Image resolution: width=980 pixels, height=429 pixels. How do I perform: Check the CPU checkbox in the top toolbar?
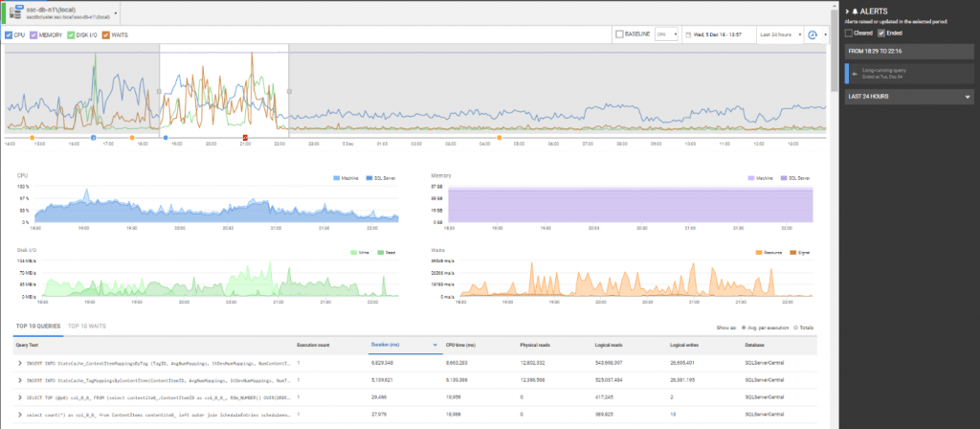point(9,34)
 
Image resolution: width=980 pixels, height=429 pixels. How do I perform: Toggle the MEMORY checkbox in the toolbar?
point(35,34)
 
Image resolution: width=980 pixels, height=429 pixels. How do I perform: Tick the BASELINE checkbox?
point(619,34)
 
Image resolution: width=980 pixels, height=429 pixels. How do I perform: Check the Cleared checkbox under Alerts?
point(848,32)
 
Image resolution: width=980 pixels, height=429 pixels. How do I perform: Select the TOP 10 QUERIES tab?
point(37,327)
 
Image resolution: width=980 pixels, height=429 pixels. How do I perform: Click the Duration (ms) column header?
point(388,343)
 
